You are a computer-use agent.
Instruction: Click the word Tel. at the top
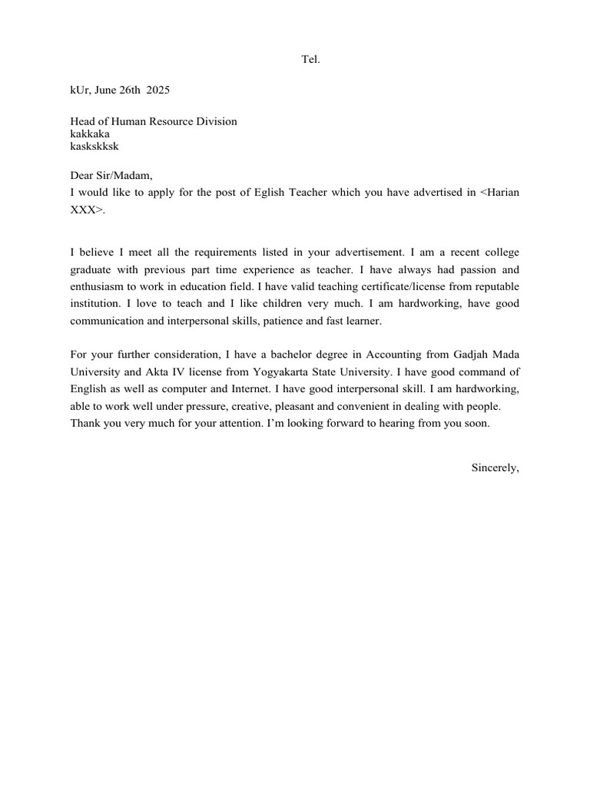pos(310,59)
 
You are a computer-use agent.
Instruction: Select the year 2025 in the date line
pos(158,90)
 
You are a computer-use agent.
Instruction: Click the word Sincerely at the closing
pos(495,467)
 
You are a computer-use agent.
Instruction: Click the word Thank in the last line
pos(85,423)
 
